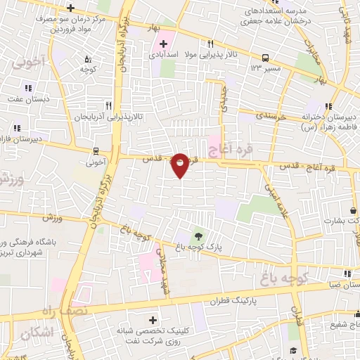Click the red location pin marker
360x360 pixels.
pos(180,165)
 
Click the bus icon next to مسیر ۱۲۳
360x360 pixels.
pos(265,58)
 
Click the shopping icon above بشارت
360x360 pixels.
pos(352,210)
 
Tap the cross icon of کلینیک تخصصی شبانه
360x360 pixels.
pos(153,320)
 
